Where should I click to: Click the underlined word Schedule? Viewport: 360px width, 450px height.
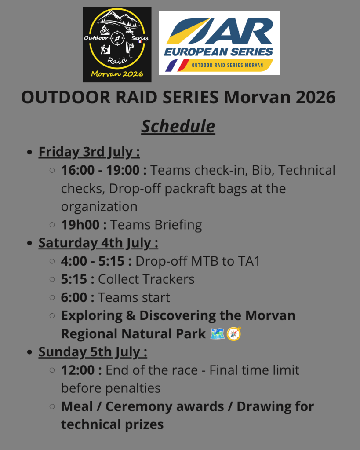click(x=178, y=126)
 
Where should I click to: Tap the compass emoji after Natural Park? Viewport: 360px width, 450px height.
click(x=234, y=334)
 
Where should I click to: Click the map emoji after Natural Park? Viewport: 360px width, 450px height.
click(x=217, y=334)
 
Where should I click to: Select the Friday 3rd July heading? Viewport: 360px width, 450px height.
click(x=89, y=152)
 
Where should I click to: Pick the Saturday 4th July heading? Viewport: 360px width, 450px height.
click(x=98, y=243)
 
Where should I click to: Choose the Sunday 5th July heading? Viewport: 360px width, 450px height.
click(x=93, y=352)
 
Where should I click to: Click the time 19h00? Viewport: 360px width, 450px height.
click(x=80, y=225)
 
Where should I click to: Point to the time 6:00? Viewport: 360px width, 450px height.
click(x=74, y=297)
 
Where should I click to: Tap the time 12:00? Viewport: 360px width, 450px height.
click(x=78, y=370)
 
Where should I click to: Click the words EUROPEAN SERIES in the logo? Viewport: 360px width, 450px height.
click(x=218, y=52)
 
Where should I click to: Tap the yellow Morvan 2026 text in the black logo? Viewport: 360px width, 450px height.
click(x=117, y=74)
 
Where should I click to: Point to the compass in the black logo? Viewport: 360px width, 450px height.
click(x=117, y=37)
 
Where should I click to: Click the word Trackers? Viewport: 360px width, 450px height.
click(x=168, y=279)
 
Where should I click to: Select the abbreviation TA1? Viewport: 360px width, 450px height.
click(x=249, y=261)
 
